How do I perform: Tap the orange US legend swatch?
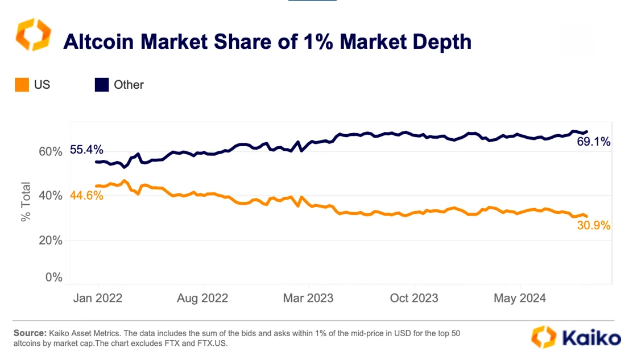tap(22, 85)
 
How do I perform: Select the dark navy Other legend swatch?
tap(101, 85)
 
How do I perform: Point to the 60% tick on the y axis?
tap(49, 151)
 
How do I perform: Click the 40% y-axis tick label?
tap(49, 195)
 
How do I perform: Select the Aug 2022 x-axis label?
tap(202, 297)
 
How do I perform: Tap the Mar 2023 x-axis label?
tap(308, 297)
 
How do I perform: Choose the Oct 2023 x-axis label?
tap(413, 297)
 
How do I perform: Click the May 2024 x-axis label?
tap(520, 297)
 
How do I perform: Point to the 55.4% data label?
tap(86, 150)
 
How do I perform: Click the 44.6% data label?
tap(86, 196)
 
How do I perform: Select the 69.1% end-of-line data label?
tap(594, 142)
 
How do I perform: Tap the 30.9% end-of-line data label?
tap(594, 226)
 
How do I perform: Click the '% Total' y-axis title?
tap(26, 202)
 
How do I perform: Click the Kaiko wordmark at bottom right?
tap(591, 338)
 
